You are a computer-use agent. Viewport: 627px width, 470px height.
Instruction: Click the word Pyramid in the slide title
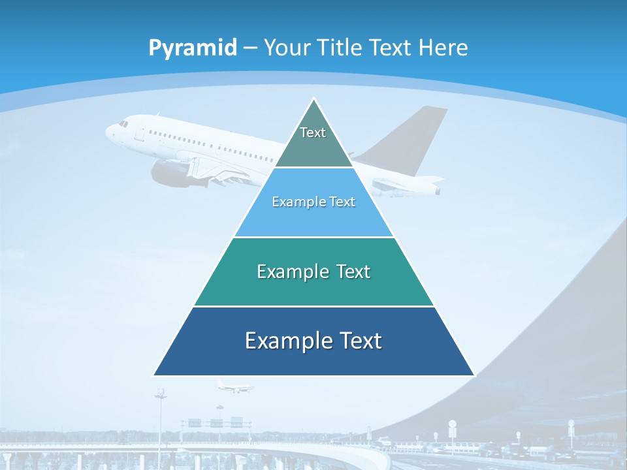(x=193, y=48)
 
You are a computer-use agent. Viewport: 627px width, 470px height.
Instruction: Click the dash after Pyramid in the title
(x=249, y=48)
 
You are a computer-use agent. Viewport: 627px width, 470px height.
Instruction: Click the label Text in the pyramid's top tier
(x=313, y=133)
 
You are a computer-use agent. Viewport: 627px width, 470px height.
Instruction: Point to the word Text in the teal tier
(x=353, y=272)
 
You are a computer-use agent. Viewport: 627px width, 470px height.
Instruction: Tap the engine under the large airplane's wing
(x=170, y=173)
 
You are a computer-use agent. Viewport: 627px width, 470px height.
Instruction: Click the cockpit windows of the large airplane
(x=123, y=123)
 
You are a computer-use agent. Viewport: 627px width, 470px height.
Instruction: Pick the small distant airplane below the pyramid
(x=233, y=386)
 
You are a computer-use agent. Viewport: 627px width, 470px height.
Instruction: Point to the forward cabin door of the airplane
(x=139, y=134)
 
